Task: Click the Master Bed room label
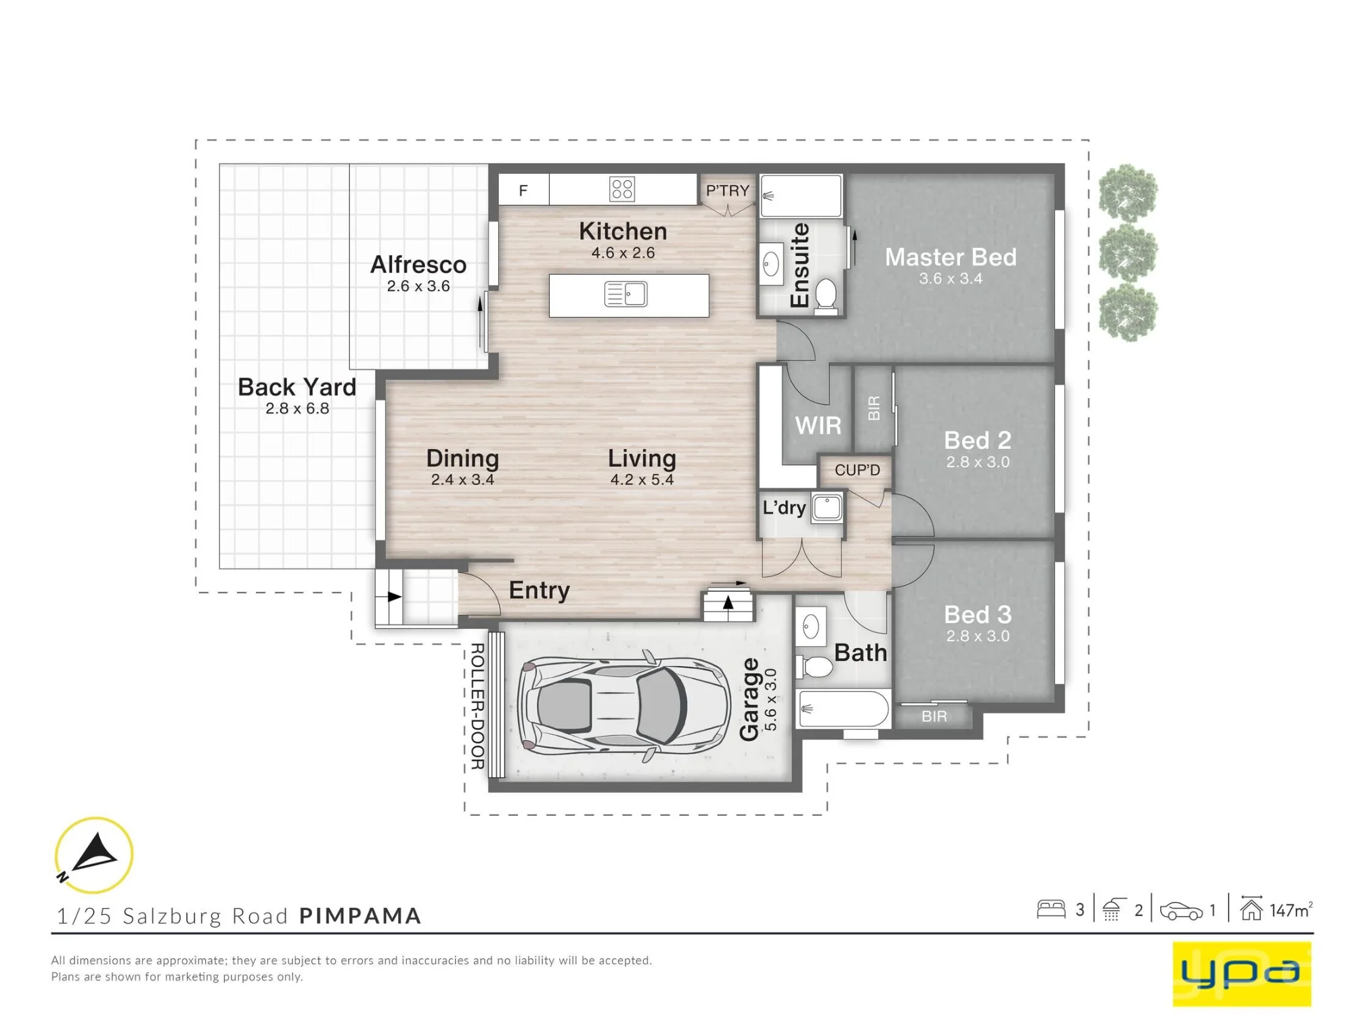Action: (951, 257)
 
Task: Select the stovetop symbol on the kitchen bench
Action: (621, 189)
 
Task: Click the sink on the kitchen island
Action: (626, 295)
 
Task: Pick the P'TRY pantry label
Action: (728, 191)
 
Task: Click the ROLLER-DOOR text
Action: (477, 706)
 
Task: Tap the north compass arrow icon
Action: (94, 855)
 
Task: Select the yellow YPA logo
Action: (1242, 974)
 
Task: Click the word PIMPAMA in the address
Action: (360, 916)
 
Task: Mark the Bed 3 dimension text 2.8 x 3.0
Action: (978, 636)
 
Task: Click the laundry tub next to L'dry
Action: (827, 507)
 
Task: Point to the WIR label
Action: (818, 425)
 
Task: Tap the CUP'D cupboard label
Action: (857, 470)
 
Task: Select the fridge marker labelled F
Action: (523, 190)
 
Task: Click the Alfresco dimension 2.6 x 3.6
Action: (418, 286)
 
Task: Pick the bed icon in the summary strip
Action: (1051, 909)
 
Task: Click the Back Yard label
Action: (297, 387)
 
